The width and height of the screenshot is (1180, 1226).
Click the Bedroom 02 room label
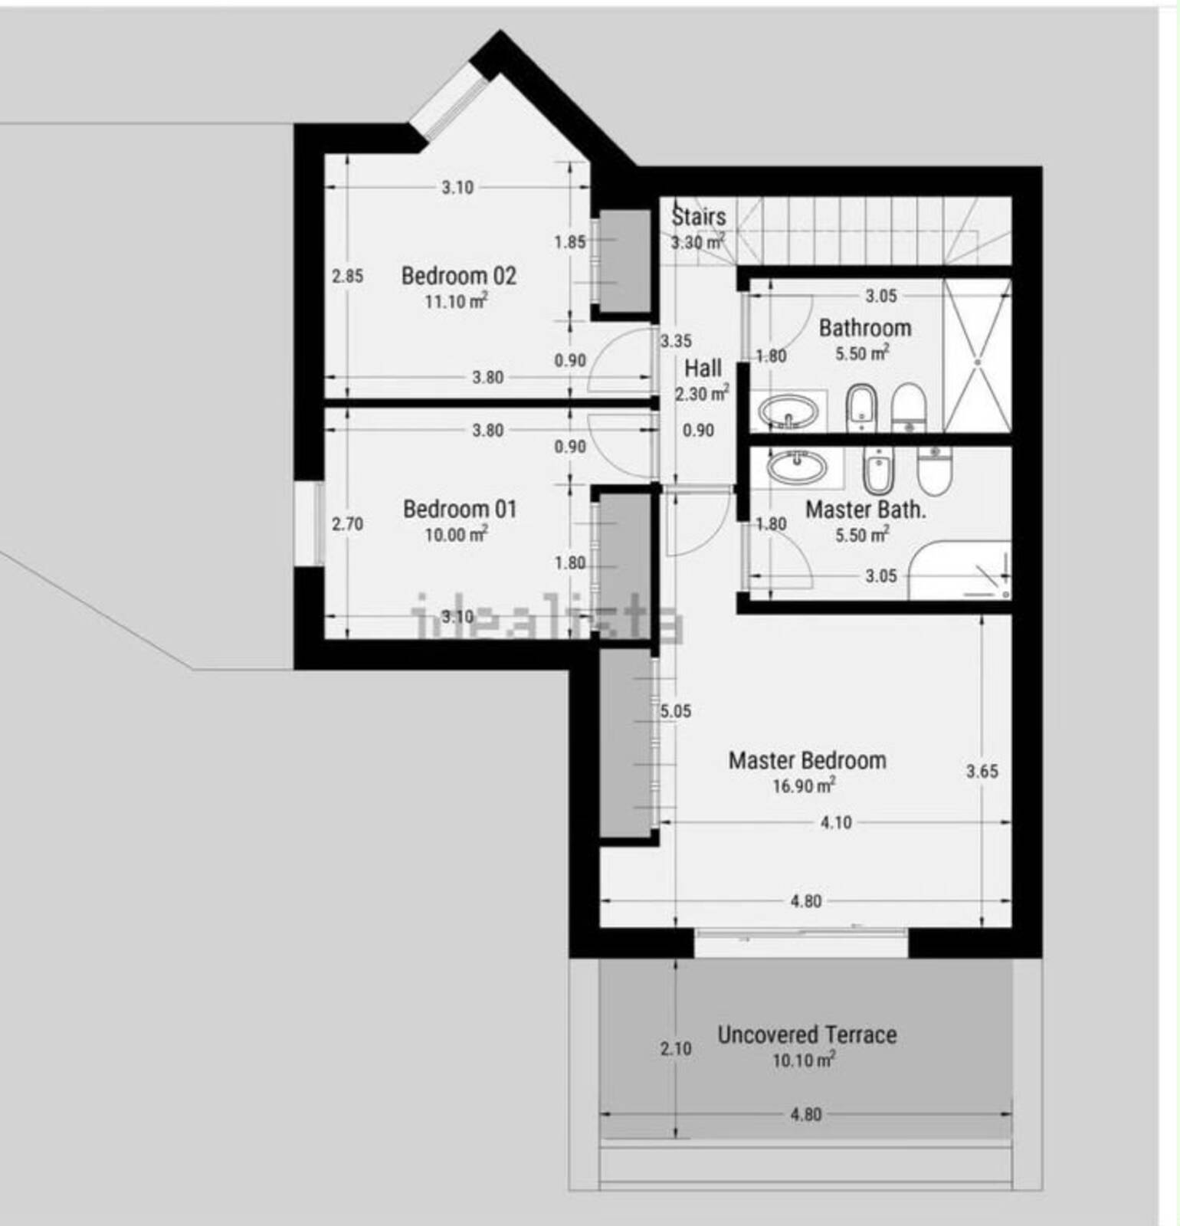click(459, 275)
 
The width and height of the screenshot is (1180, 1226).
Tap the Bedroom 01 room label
click(460, 509)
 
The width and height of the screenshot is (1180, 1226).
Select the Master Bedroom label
click(808, 760)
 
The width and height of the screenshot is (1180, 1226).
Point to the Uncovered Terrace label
click(807, 1034)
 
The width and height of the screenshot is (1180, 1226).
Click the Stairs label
click(698, 216)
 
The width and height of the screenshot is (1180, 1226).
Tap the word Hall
click(703, 369)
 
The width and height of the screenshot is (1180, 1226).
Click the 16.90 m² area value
click(804, 785)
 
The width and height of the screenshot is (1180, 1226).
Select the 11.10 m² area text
click(457, 301)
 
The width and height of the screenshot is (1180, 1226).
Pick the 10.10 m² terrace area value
click(804, 1060)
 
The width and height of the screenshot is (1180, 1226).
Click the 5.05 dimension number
click(676, 711)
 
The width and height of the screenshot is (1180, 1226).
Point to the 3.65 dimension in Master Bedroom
click(982, 771)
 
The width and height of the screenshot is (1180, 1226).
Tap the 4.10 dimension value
click(836, 822)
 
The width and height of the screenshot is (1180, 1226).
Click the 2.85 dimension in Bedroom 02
click(347, 276)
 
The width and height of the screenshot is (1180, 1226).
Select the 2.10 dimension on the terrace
click(676, 1048)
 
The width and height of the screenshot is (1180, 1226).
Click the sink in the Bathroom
click(788, 411)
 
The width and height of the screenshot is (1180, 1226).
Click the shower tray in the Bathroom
click(978, 355)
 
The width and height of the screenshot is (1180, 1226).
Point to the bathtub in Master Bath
click(960, 571)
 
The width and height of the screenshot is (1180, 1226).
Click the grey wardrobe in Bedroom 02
click(624, 261)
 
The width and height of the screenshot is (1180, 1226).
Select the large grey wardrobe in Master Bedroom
click(624, 742)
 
